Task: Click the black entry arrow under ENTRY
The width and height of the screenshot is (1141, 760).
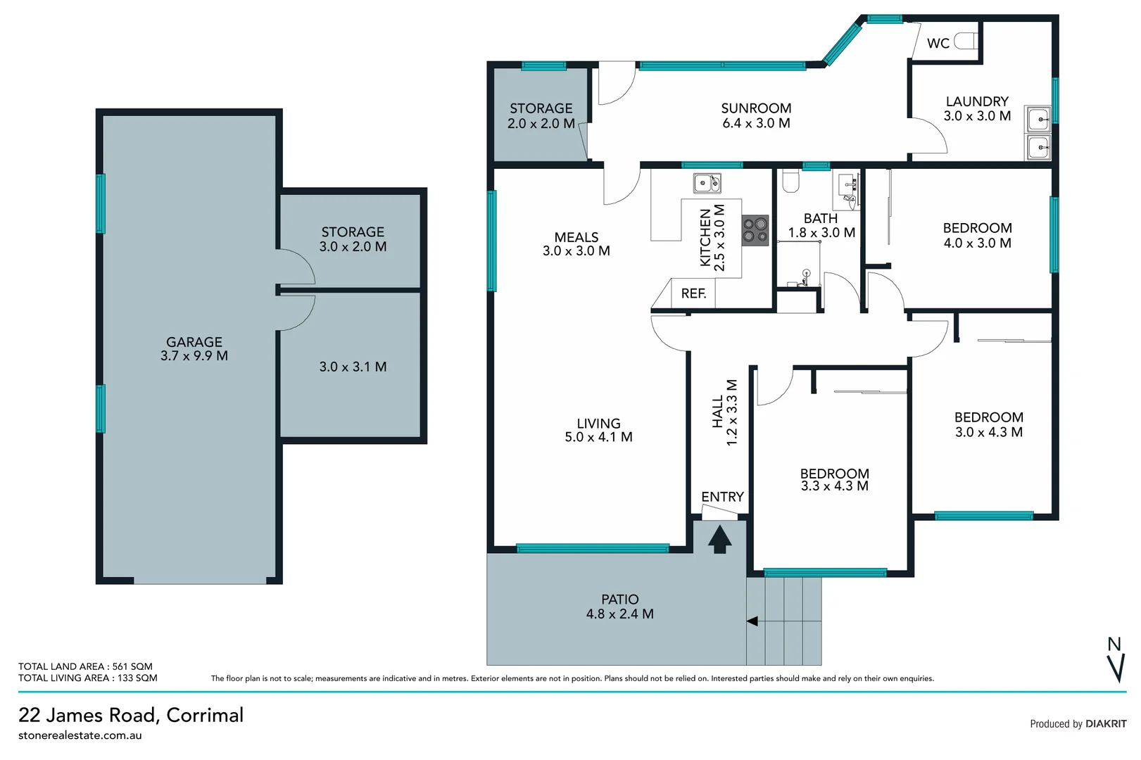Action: (719, 540)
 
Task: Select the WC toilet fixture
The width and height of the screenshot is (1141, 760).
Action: (966, 42)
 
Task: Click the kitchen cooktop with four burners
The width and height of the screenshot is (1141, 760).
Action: (755, 230)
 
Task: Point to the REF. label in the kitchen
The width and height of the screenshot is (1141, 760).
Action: (693, 293)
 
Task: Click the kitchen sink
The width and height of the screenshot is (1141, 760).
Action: (707, 184)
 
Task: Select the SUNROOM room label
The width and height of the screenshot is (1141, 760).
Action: (756, 108)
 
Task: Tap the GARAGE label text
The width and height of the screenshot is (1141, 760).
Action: (194, 342)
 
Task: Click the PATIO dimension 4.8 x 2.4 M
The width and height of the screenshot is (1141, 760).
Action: (619, 614)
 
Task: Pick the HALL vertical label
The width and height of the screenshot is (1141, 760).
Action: (717, 412)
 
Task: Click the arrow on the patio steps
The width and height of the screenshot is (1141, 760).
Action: (752, 621)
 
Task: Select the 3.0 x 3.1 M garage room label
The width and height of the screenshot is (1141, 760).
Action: (353, 367)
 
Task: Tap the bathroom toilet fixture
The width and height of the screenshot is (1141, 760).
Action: (790, 182)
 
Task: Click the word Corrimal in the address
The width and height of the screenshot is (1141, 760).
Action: (205, 715)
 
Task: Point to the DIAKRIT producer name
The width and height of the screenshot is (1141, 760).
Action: (1106, 723)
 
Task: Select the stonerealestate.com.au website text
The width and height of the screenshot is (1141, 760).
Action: (80, 735)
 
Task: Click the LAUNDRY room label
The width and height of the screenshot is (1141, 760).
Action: (977, 101)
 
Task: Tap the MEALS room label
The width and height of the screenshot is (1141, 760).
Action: (576, 237)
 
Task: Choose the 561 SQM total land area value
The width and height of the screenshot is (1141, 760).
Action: (132, 666)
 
